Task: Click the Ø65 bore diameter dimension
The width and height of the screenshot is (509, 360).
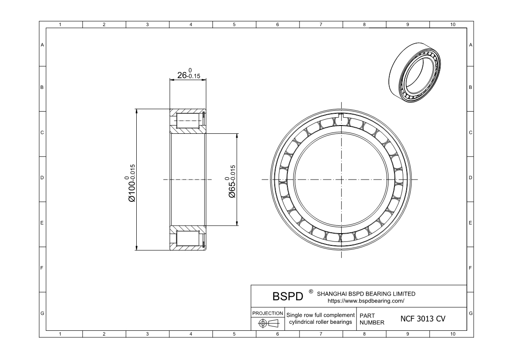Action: click(x=232, y=181)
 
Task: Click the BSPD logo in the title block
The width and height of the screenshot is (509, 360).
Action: click(x=287, y=296)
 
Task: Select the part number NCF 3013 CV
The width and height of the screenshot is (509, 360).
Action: click(x=422, y=319)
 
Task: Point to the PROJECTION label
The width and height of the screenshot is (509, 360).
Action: click(x=268, y=313)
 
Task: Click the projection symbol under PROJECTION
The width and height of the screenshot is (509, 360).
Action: click(x=268, y=323)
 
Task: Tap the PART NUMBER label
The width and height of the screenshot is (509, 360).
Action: click(x=372, y=319)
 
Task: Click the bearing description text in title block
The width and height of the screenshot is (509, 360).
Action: click(x=320, y=319)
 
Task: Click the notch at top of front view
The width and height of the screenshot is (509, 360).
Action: click(x=341, y=117)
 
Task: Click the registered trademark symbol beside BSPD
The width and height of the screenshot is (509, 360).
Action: click(x=310, y=291)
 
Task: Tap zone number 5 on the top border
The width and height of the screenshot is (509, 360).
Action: click(x=234, y=24)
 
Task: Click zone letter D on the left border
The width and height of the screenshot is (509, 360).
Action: click(x=42, y=178)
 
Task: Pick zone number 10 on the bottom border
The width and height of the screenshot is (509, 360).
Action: click(x=452, y=334)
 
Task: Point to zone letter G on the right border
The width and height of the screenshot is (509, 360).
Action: click(x=470, y=313)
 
